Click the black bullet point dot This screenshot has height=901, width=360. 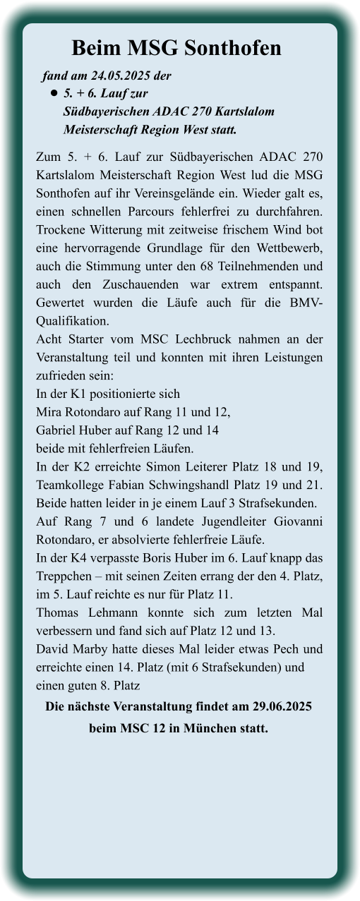[53, 93]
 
